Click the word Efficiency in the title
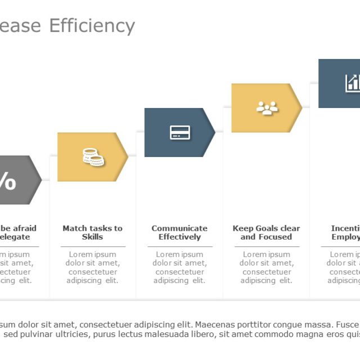(92, 26)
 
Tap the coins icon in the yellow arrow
(93, 157)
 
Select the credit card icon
(180, 133)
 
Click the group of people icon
(267, 108)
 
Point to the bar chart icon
(353, 83)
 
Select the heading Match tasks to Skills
(92, 232)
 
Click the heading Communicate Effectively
(179, 232)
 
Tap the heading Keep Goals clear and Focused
(266, 232)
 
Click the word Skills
(92, 237)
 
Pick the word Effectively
(179, 237)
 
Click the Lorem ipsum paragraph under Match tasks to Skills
(92, 267)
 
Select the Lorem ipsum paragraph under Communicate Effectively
(179, 267)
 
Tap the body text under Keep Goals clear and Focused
(266, 267)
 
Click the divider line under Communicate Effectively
(179, 246)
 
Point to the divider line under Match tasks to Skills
(92, 246)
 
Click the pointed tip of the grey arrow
(40, 180)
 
